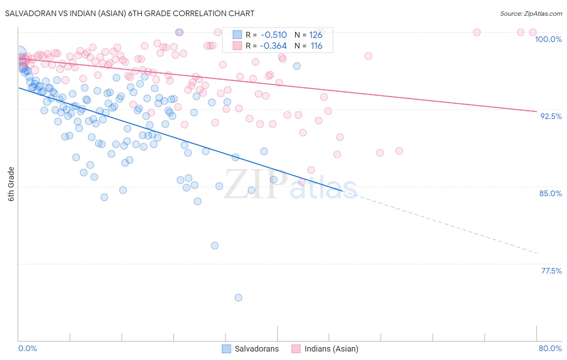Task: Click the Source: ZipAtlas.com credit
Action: coord(531,13)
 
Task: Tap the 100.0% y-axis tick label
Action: coord(548,39)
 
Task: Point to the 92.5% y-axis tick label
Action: coord(551,116)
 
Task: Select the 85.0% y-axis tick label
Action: coord(550,193)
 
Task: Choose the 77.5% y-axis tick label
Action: coord(551,271)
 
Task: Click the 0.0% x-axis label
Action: coord(27,348)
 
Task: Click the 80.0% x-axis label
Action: coord(550,348)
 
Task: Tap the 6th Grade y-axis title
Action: coord(11,184)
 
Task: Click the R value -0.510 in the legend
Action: coord(274,35)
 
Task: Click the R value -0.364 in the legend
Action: coord(273,46)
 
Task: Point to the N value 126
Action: coord(316,35)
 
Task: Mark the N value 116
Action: coord(316,46)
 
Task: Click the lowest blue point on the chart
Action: coord(238,298)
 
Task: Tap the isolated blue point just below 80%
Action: coord(215,246)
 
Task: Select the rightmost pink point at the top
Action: coord(532,32)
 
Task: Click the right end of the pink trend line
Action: coord(536,111)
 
